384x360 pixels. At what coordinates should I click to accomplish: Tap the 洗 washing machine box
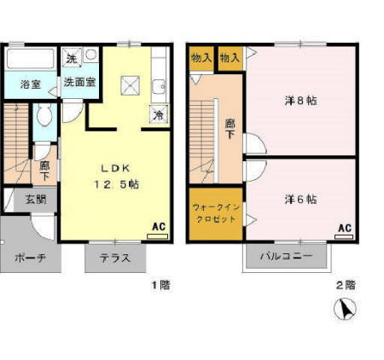coord(72,57)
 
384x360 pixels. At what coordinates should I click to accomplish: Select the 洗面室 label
coord(79,84)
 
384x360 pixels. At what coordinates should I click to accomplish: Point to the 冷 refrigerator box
coord(159,113)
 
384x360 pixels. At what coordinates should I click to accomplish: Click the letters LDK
coord(116,167)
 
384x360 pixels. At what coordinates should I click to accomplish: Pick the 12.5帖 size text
coord(116,183)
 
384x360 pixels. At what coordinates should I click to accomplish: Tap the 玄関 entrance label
coord(35,200)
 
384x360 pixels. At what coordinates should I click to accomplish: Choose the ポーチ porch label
coord(29,258)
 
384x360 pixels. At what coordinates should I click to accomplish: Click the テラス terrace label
coord(114,258)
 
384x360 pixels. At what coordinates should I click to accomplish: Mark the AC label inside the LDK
coord(158,227)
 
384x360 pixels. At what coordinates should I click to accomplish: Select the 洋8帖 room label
coord(300,101)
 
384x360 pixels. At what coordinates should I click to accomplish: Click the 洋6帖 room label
coord(300,199)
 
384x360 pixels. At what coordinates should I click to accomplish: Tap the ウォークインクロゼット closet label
coord(214,212)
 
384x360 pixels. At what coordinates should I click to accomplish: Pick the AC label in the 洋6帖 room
coord(344,228)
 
